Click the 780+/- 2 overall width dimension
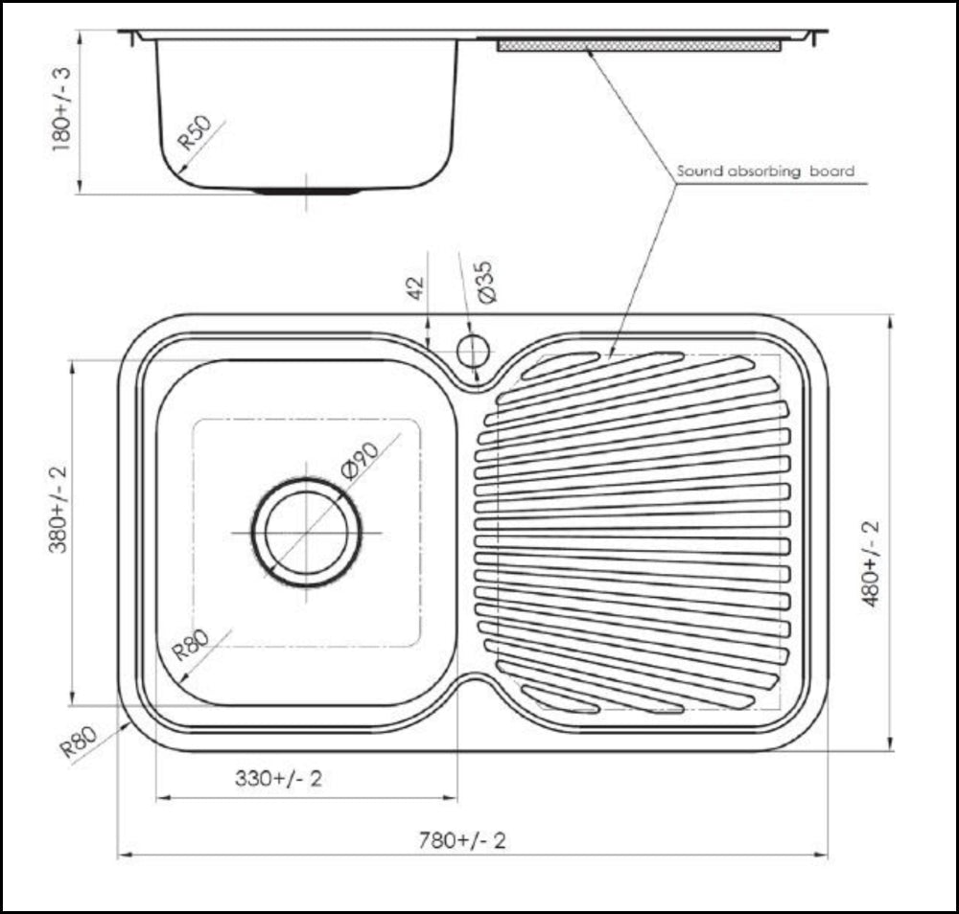click(462, 840)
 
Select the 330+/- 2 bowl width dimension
click(278, 778)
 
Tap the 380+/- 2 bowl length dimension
click(58, 509)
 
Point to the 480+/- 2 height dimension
click(870, 564)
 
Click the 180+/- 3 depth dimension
click(61, 109)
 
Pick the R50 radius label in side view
click(195, 132)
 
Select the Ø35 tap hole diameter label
click(485, 282)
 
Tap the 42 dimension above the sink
click(415, 287)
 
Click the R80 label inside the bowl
click(190, 645)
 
